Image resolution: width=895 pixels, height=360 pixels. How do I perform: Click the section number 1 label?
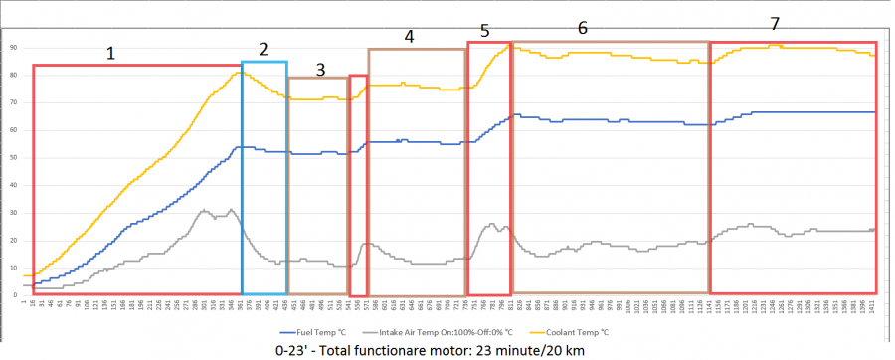pyautogui.click(x=111, y=55)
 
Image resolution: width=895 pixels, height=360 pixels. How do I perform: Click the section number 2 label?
pyautogui.click(x=264, y=49)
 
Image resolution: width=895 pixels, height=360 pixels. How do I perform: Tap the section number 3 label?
pyautogui.click(x=320, y=69)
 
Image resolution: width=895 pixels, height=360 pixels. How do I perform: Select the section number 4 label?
pyautogui.click(x=409, y=36)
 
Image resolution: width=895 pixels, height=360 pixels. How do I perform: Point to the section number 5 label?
pyautogui.click(x=484, y=30)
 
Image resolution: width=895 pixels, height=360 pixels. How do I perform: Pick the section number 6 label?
pyautogui.click(x=583, y=27)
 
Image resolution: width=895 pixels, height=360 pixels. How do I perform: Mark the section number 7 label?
pyautogui.click(x=775, y=23)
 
